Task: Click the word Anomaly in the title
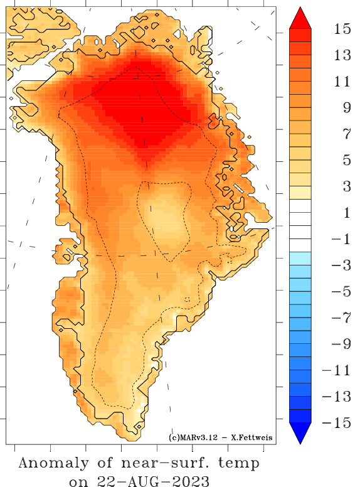click(53, 464)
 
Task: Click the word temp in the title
click(238, 465)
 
